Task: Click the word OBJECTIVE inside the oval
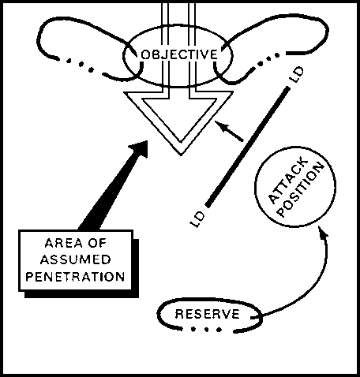(179, 54)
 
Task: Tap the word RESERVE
(208, 314)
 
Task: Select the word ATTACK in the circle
(287, 181)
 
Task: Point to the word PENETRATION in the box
(75, 277)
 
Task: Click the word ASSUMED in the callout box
(76, 259)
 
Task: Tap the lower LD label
(197, 218)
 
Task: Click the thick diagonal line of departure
(247, 147)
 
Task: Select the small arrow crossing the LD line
(229, 131)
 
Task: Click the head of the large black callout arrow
(139, 148)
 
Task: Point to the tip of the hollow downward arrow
(181, 155)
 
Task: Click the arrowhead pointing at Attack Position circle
(323, 231)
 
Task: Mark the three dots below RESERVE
(206, 329)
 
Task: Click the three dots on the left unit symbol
(80, 65)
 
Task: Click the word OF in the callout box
(97, 243)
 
